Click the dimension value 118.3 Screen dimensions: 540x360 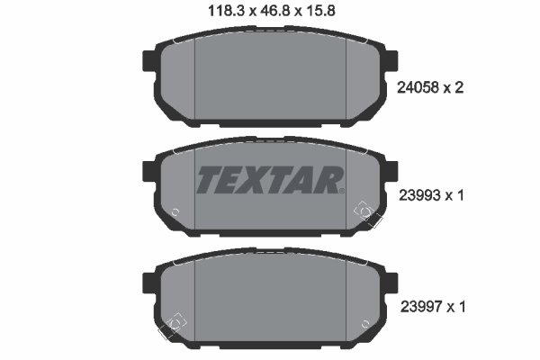point(226,11)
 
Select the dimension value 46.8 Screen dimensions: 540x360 point(274,11)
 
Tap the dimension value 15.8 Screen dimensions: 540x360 point(319,11)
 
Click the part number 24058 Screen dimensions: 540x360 point(418,88)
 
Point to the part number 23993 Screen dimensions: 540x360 point(419,195)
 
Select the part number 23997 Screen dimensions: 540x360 point(421,306)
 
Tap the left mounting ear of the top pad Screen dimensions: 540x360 point(148,61)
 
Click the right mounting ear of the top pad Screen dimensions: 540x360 point(391,61)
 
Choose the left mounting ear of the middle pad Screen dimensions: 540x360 point(148,171)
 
